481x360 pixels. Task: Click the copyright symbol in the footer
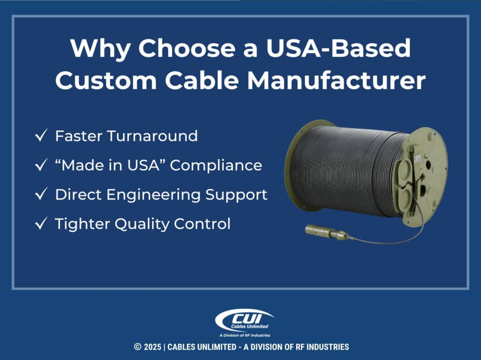tap(137, 347)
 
